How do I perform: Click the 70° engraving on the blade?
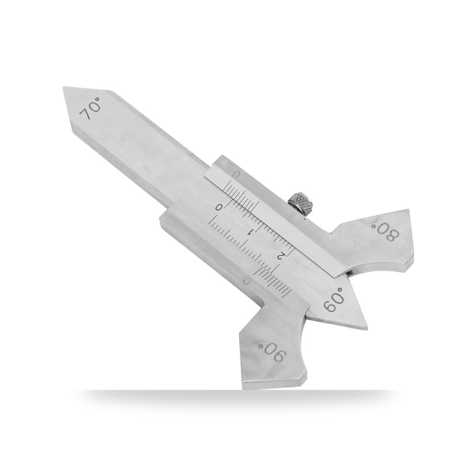click(90, 109)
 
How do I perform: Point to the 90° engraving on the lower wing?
click(271, 352)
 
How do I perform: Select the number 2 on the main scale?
click(281, 255)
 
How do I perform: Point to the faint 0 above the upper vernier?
click(237, 175)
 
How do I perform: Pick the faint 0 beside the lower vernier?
click(247, 281)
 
